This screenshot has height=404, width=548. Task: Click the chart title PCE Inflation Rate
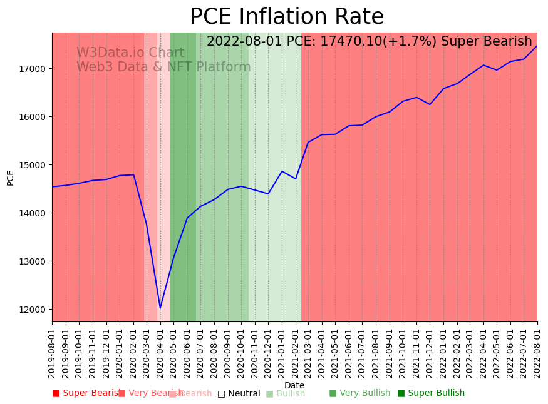287,17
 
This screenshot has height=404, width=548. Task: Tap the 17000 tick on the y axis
36,68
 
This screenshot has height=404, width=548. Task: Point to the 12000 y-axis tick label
36,310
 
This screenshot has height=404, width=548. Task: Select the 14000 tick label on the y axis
36,213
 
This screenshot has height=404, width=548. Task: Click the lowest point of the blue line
160,308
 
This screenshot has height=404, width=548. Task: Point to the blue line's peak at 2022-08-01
537,46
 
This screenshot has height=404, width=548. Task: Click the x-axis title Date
294,385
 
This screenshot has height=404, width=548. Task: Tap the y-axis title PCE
10,178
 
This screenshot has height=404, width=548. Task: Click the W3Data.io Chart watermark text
130,53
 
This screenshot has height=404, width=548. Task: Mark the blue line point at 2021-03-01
308,142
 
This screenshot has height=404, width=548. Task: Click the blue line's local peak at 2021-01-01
282,171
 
